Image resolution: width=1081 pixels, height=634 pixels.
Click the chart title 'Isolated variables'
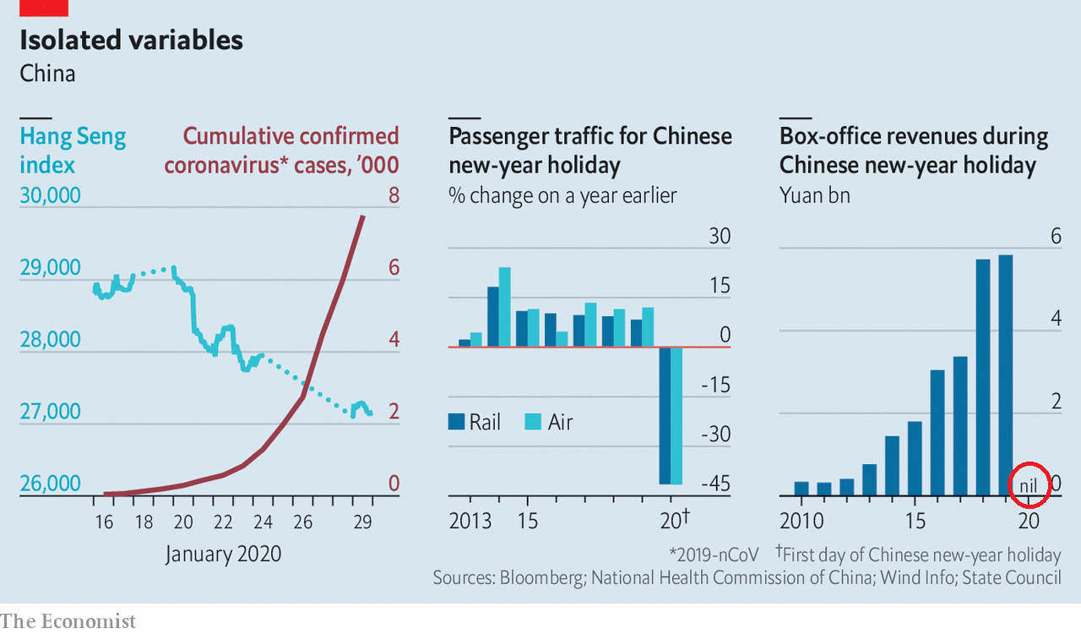[131, 40]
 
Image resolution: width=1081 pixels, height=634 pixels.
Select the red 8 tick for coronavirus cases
[394, 196]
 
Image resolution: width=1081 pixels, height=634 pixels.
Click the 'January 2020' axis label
[223, 555]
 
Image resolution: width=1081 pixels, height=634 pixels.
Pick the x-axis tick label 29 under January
[362, 522]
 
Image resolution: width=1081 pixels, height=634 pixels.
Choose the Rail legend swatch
[456, 422]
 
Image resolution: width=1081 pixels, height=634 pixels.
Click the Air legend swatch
[534, 422]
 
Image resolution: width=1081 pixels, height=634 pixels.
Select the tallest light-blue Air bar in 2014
[504, 307]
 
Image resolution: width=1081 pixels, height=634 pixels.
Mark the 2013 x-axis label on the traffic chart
[470, 519]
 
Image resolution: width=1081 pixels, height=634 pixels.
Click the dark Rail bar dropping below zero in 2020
[665, 415]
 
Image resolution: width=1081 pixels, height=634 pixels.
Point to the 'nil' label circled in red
[1028, 485]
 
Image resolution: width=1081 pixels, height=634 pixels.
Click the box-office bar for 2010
[801, 488]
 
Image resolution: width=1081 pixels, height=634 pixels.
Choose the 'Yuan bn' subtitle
[815, 196]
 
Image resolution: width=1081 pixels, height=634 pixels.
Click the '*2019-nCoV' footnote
[714, 555]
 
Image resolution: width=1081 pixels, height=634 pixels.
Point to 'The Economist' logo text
[68, 621]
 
